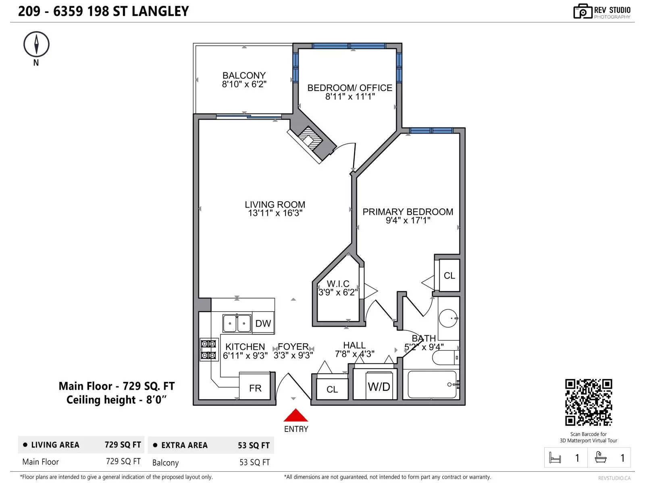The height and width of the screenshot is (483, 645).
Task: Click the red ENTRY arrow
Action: pyautogui.click(x=295, y=416)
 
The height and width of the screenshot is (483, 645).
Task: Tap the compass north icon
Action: pyautogui.click(x=36, y=44)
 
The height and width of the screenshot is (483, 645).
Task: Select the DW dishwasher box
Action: pyautogui.click(x=263, y=323)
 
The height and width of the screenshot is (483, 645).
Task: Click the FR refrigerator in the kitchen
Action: pyautogui.click(x=255, y=388)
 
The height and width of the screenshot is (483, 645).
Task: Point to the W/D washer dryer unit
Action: pyautogui.click(x=379, y=387)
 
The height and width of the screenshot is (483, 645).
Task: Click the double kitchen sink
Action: pyautogui.click(x=237, y=323)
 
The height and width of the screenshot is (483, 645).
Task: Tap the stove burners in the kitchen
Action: pyautogui.click(x=208, y=349)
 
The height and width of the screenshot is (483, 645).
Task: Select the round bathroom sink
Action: pyautogui.click(x=448, y=318)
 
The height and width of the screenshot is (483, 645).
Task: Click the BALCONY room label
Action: pyautogui.click(x=244, y=76)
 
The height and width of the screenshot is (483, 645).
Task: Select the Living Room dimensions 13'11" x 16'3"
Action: pyautogui.click(x=275, y=213)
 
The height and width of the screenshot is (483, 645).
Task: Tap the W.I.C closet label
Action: pyautogui.click(x=338, y=284)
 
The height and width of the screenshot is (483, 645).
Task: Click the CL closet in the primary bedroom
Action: pyautogui.click(x=449, y=276)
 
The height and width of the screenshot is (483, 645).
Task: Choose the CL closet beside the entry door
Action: pyautogui.click(x=332, y=389)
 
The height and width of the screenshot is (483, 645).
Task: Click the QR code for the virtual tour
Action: pyautogui.click(x=588, y=402)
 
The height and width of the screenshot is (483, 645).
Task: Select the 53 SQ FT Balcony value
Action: pyautogui.click(x=254, y=462)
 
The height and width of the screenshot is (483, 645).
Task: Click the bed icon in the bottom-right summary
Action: pyautogui.click(x=555, y=458)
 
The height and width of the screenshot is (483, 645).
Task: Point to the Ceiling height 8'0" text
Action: pyautogui.click(x=116, y=400)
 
